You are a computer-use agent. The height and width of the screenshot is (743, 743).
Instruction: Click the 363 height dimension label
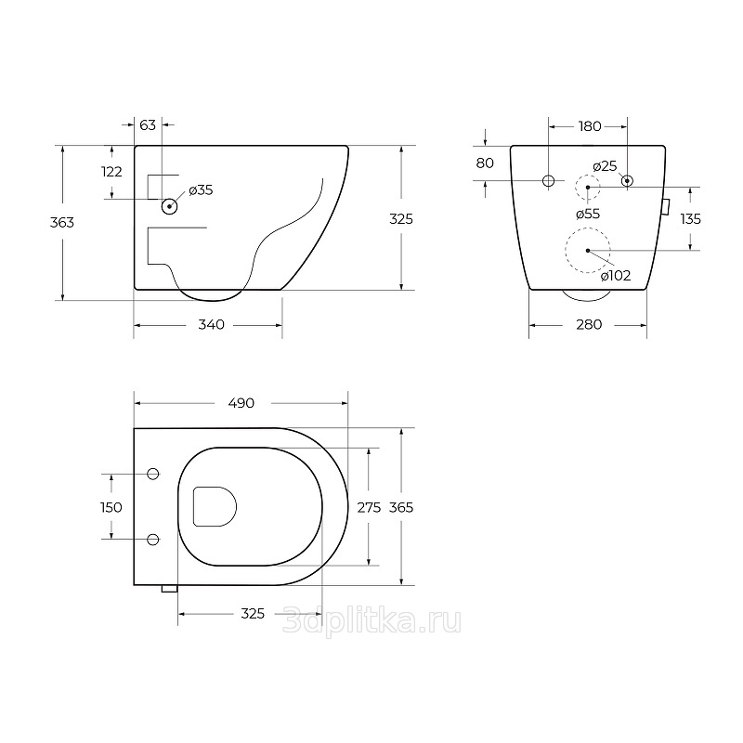(62, 222)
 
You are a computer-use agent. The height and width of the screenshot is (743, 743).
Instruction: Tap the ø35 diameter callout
(201, 190)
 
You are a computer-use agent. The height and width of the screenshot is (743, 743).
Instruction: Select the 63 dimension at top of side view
(148, 125)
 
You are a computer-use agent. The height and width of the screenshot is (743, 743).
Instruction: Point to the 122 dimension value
(111, 172)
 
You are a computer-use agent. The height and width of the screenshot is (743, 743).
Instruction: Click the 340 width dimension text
(212, 324)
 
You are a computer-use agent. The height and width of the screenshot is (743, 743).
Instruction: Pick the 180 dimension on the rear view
(590, 126)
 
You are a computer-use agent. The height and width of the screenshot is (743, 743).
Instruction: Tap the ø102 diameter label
(616, 276)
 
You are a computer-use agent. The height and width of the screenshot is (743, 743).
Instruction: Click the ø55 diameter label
(588, 215)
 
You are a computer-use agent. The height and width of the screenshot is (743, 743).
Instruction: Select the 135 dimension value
(690, 219)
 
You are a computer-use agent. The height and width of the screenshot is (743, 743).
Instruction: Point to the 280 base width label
(589, 324)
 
